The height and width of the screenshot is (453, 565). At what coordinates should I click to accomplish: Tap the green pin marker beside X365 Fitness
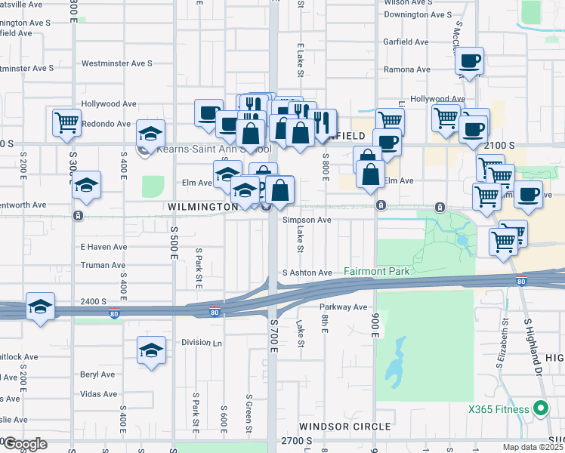539,409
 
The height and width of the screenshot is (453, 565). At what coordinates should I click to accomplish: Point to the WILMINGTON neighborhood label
203,207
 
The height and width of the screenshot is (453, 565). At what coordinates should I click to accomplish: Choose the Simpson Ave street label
307,220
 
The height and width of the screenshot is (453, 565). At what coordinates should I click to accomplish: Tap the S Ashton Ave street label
307,273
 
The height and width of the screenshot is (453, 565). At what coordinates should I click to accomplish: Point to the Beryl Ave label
98,374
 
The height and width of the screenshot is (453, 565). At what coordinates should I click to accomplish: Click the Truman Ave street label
103,266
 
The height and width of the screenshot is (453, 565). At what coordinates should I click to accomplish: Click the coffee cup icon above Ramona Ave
469,61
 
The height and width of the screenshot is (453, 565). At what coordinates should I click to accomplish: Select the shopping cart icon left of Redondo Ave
66,122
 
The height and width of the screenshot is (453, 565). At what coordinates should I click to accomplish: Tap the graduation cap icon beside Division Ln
151,351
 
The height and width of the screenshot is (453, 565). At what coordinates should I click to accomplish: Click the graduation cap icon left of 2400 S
40,307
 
